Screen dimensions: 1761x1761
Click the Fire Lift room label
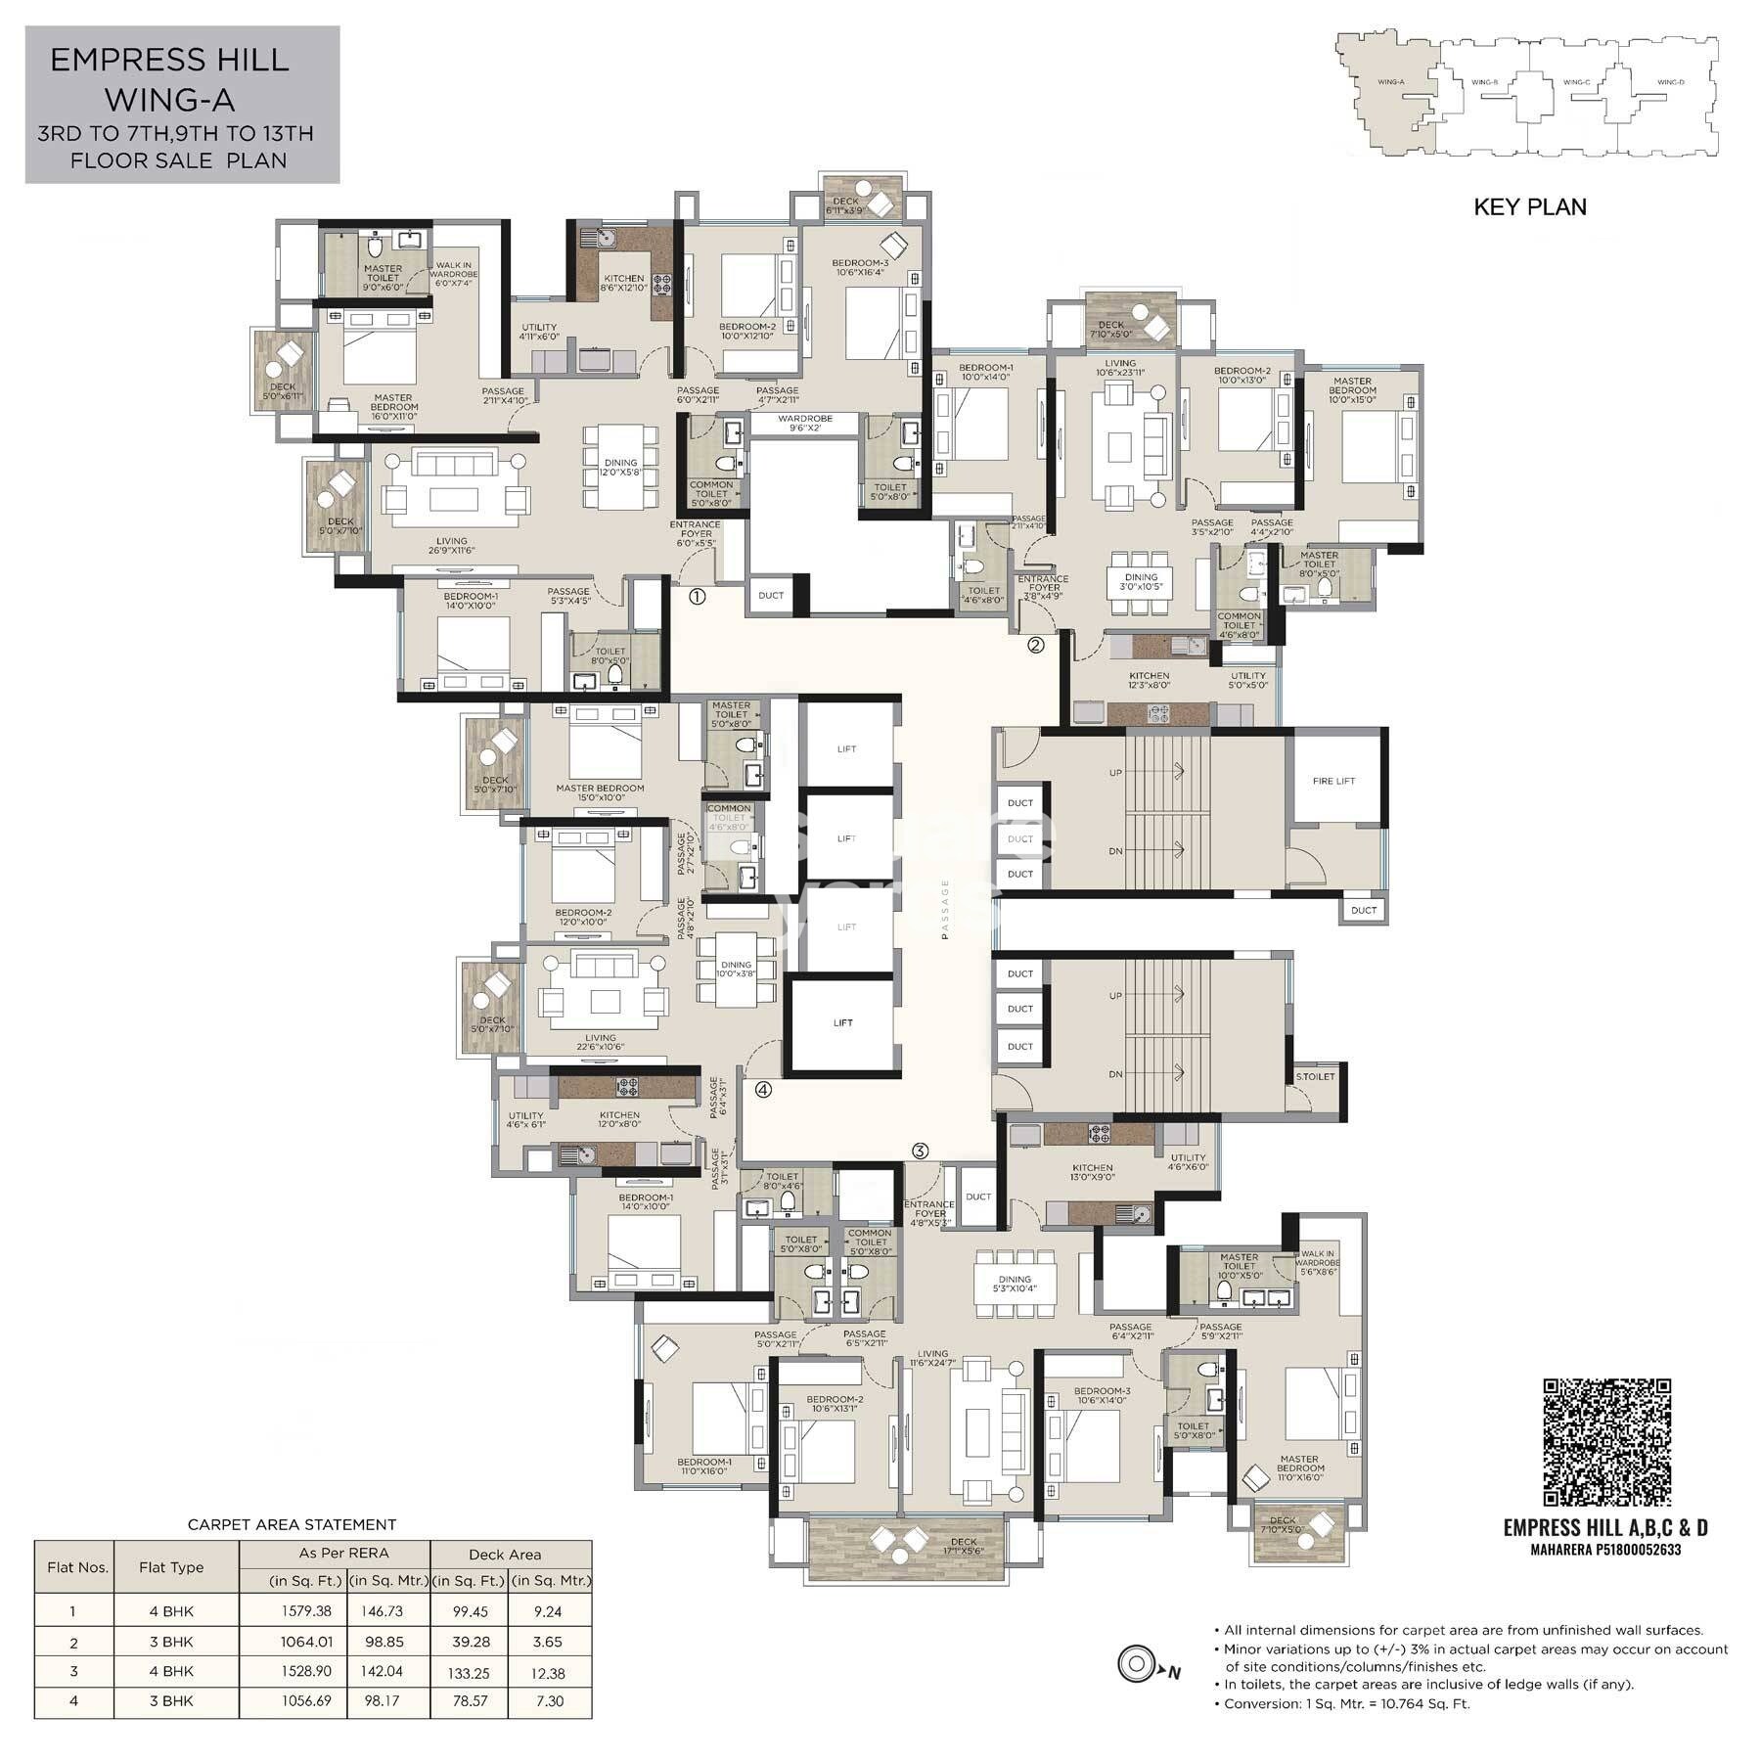[x=1333, y=781]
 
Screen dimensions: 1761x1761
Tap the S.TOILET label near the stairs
[x=1315, y=1076]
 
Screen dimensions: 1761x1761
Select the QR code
[x=1606, y=1442]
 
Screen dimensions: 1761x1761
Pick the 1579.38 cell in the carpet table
[x=307, y=1611]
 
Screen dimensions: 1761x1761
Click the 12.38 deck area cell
[x=549, y=1673]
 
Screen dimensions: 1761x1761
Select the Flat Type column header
[x=171, y=1567]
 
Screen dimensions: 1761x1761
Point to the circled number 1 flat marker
[x=697, y=596]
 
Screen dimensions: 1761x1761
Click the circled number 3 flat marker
[x=920, y=1151]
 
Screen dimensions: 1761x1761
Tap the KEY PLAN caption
[x=1529, y=207]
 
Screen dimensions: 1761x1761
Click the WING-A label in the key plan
[x=1389, y=82]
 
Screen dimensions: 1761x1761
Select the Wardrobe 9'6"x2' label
[x=804, y=423]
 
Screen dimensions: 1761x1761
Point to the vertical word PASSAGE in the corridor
[x=945, y=909]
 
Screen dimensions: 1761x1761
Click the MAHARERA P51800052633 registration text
[x=1605, y=1550]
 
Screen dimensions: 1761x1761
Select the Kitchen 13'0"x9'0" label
[x=1092, y=1173]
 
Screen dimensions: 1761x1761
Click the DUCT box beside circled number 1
[x=771, y=595]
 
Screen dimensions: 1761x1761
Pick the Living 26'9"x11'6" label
[x=451, y=546]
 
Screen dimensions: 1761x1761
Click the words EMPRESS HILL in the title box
[x=169, y=61]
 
